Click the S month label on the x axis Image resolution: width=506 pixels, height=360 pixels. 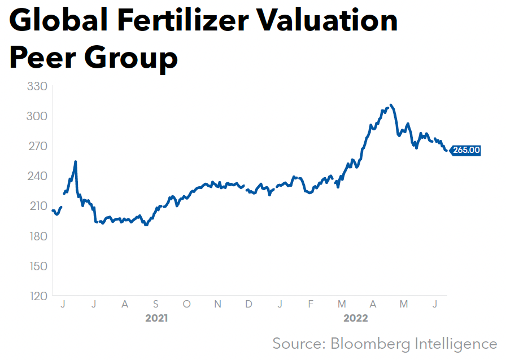tap(156, 304)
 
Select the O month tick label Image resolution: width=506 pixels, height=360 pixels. tap(187, 304)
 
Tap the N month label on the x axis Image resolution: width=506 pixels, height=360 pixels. tap(218, 304)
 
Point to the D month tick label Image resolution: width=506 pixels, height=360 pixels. tap(249, 304)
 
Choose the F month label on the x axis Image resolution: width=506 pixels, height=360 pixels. tap(311, 304)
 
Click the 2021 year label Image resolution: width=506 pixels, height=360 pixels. tap(156, 318)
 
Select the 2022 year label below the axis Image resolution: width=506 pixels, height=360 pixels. tap(355, 318)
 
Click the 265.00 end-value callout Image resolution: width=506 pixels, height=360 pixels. tap(466, 150)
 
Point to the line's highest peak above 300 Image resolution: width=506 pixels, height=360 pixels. tap(391, 104)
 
